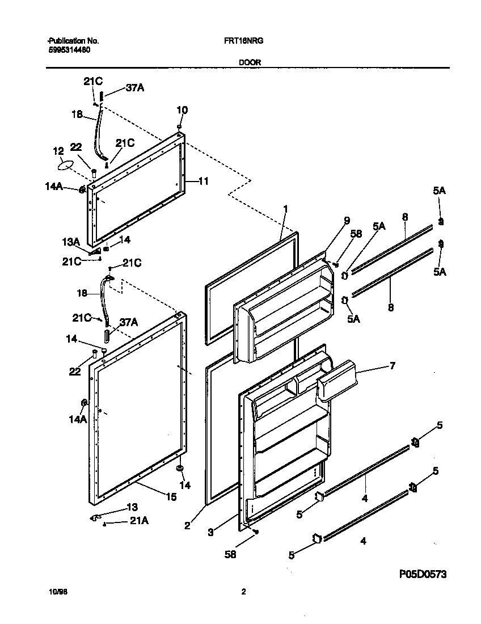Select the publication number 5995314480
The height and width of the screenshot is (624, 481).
click(x=67, y=50)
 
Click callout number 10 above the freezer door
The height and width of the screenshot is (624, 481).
click(x=182, y=110)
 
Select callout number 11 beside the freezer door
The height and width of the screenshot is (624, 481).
click(x=204, y=182)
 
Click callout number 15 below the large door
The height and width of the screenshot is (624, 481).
click(x=170, y=497)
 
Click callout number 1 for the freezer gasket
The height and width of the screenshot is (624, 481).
click(x=285, y=209)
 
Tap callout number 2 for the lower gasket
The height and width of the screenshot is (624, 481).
click(x=187, y=525)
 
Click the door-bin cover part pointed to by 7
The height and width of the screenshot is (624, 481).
click(x=337, y=380)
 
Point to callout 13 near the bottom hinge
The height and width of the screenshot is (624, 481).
click(x=131, y=507)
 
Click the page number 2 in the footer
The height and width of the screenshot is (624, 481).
click(x=243, y=592)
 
